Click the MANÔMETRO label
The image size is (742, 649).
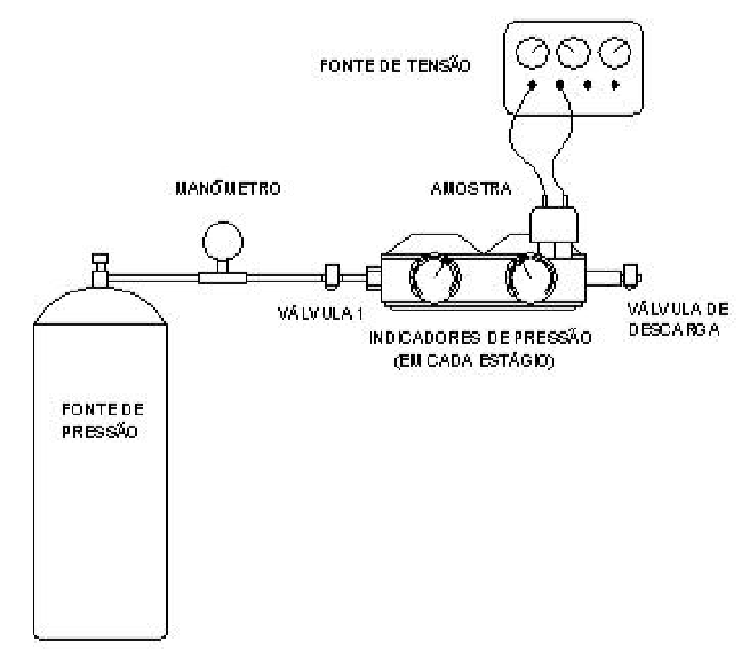[227, 187]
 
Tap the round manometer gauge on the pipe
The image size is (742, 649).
[222, 242]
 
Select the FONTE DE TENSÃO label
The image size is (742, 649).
[395, 65]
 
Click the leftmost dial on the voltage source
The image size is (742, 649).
[532, 52]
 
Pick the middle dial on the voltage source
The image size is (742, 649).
[573, 52]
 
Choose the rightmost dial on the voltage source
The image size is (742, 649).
[614, 52]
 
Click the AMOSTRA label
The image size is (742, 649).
[471, 188]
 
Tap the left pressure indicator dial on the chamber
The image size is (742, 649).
[434, 279]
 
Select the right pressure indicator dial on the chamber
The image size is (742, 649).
[531, 279]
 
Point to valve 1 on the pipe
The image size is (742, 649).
[332, 277]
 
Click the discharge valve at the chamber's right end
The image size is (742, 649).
[631, 277]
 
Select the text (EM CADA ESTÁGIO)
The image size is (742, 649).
[474, 360]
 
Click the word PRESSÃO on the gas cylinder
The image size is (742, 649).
[100, 432]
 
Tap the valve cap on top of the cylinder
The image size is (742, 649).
[101, 259]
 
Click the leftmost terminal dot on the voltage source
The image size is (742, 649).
[532, 84]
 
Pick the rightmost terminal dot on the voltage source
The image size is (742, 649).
[614, 84]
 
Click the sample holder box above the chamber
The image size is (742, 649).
[554, 224]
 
